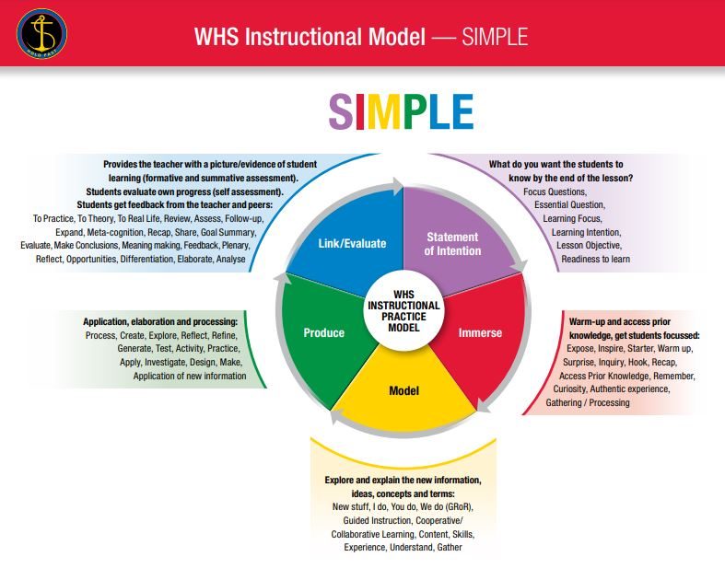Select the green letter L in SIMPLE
(435, 111)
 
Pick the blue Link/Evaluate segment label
(352, 244)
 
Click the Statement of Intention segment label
(452, 245)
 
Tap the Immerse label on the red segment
(480, 332)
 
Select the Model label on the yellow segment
(403, 390)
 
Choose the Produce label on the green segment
(323, 332)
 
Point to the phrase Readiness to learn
(597, 260)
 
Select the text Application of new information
(190, 376)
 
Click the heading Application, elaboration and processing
(159, 321)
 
